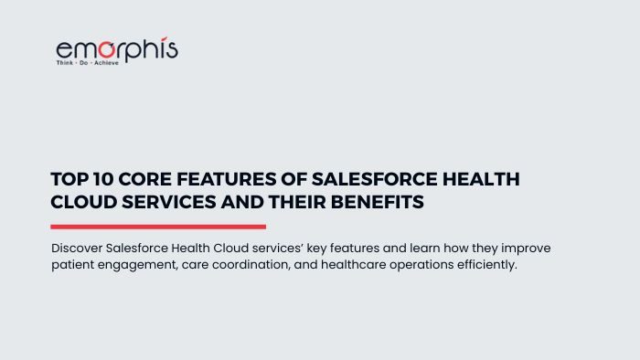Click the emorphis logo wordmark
point(116,49)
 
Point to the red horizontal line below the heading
point(158,227)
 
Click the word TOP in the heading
point(67,180)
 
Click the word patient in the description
point(71,265)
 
